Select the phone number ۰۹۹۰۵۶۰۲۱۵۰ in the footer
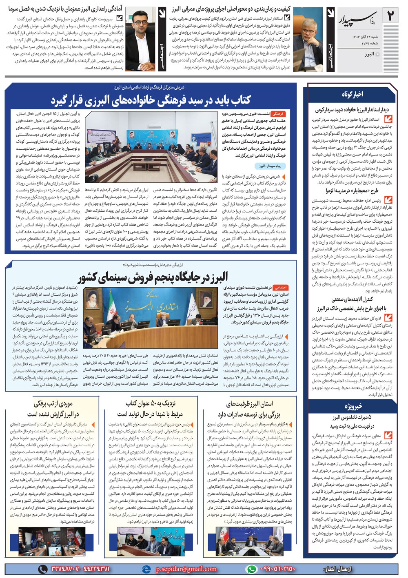(272, 569)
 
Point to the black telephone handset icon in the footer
(42, 569)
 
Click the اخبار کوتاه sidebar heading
(353, 94)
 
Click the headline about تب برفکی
(53, 409)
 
